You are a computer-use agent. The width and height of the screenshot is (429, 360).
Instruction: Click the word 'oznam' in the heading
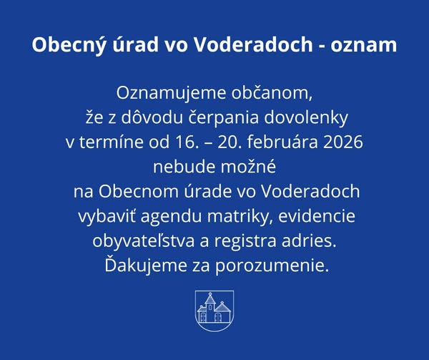point(368,44)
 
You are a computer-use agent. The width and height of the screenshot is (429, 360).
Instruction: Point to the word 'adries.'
point(310,240)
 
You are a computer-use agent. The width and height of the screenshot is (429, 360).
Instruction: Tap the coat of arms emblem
point(214,310)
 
